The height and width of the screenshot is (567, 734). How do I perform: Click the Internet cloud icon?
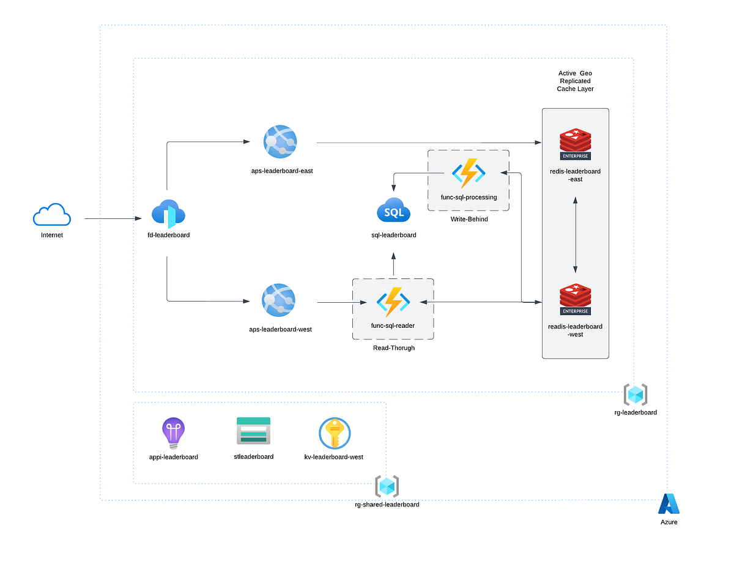click(x=52, y=215)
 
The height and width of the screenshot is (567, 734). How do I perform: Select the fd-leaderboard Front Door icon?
click(x=168, y=214)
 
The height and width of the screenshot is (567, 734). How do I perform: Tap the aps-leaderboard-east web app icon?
click(x=280, y=142)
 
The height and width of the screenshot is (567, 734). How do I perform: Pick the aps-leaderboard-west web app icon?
click(x=279, y=300)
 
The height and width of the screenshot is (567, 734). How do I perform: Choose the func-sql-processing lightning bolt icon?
click(x=469, y=173)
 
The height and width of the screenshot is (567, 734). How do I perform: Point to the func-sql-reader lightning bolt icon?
click(x=393, y=302)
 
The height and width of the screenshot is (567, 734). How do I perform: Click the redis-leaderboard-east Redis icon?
click(x=575, y=144)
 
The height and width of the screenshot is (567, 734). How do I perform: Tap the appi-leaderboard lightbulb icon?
click(x=173, y=433)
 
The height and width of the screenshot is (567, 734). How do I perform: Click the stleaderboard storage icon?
click(x=253, y=431)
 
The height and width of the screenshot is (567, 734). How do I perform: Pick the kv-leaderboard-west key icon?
click(x=334, y=433)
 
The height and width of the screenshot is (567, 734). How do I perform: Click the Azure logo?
click(x=669, y=503)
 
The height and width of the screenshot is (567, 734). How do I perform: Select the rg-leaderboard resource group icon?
click(x=635, y=395)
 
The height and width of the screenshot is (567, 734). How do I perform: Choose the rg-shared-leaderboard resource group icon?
click(x=387, y=487)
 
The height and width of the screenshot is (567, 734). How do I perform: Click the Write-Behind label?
click(x=469, y=219)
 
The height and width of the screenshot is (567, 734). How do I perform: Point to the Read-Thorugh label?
click(x=393, y=348)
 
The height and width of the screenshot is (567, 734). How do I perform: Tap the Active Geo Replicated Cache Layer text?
click(x=575, y=81)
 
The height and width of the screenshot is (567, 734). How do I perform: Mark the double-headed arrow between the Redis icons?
click(x=575, y=234)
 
